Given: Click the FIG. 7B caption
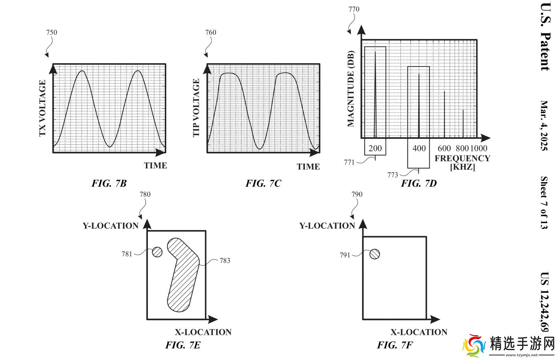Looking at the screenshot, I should click(x=109, y=183).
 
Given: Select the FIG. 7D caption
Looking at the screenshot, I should click(x=419, y=183).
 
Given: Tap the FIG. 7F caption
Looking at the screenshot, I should click(x=395, y=345).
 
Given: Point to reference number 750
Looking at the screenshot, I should click(x=52, y=32).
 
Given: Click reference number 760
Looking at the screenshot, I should click(x=210, y=32).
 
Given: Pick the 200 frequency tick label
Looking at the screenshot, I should click(x=375, y=148).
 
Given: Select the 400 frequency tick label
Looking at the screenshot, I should click(x=419, y=148).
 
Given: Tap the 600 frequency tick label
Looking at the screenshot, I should click(x=444, y=148).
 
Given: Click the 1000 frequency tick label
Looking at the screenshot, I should click(x=478, y=148).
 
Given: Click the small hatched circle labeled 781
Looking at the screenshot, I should click(x=157, y=252).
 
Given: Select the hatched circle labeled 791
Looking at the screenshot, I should click(x=375, y=254).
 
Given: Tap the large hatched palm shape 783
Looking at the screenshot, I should click(x=182, y=275).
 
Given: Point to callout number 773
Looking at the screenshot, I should click(x=393, y=175).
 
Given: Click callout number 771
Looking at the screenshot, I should click(x=349, y=162).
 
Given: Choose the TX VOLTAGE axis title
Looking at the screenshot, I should click(x=42, y=108).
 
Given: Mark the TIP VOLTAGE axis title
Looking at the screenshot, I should click(x=196, y=108).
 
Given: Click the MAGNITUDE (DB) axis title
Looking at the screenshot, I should click(x=351, y=89).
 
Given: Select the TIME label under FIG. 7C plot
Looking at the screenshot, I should click(x=308, y=166).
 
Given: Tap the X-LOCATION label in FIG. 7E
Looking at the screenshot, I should click(x=203, y=332).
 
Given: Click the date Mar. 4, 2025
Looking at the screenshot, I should click(x=544, y=126).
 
